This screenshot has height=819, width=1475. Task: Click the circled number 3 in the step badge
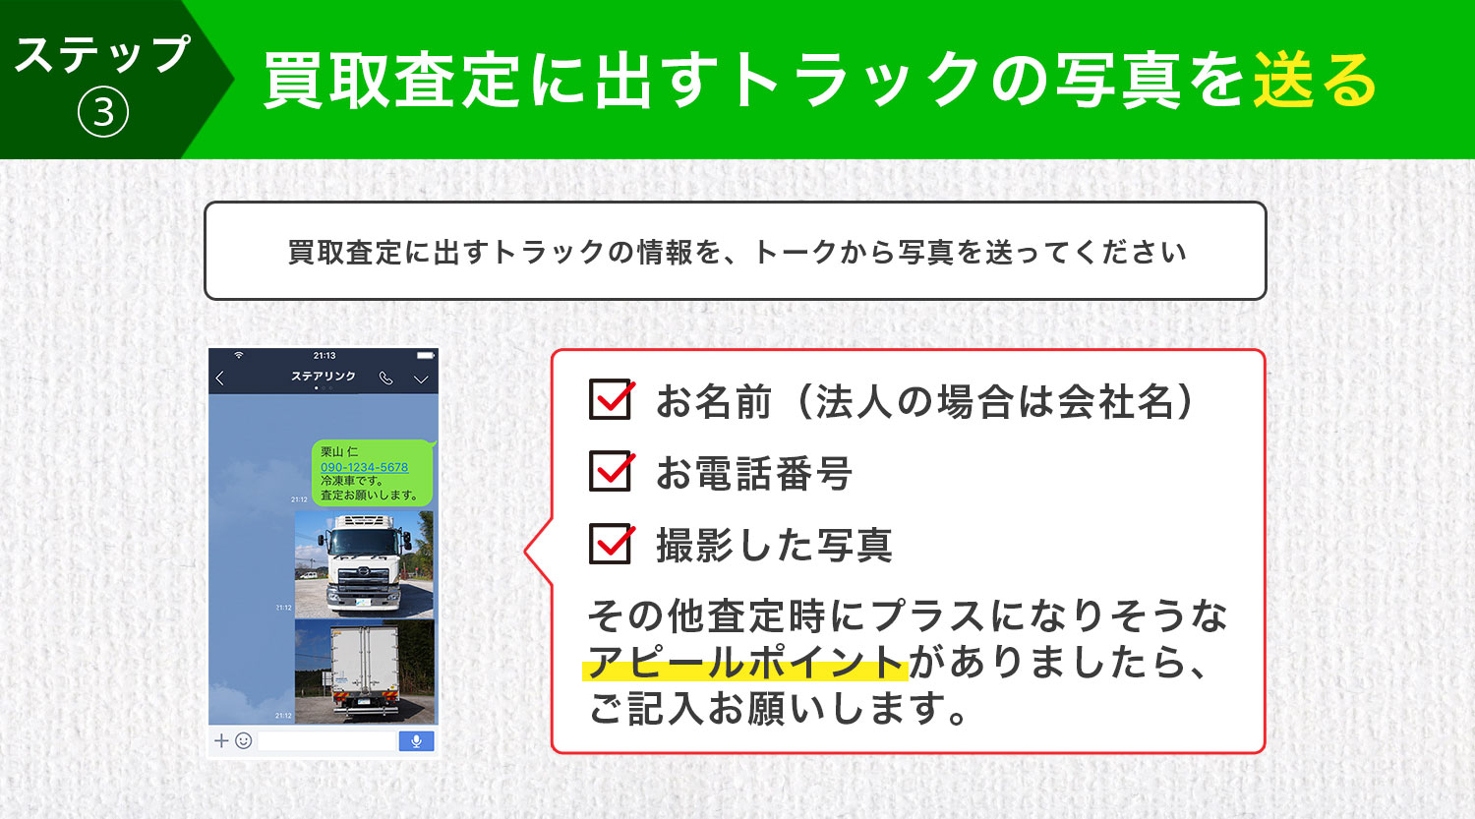pyautogui.click(x=102, y=113)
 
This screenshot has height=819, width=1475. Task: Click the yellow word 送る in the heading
pyautogui.click(x=1315, y=80)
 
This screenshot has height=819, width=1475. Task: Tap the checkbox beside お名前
pyautogui.click(x=611, y=399)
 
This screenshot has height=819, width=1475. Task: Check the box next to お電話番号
pyautogui.click(x=611, y=471)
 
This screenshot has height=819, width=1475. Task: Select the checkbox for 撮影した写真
pyautogui.click(x=611, y=543)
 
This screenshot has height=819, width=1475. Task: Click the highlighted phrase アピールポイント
pyautogui.click(x=745, y=662)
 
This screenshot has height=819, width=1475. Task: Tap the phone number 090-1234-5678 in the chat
pyautogui.click(x=364, y=467)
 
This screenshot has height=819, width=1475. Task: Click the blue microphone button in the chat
pyautogui.click(x=416, y=741)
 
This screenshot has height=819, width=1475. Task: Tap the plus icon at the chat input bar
pyautogui.click(x=221, y=741)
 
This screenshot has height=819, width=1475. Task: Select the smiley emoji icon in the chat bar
pyautogui.click(x=244, y=741)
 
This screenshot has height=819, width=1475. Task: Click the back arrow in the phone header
pyautogui.click(x=220, y=378)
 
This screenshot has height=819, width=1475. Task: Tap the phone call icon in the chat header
pyautogui.click(x=385, y=378)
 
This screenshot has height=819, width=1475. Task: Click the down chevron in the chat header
pyautogui.click(x=421, y=380)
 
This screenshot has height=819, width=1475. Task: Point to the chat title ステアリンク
pyautogui.click(x=324, y=376)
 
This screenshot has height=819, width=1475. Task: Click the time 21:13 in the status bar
pyautogui.click(x=324, y=356)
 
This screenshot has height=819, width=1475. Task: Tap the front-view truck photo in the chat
pyautogui.click(x=364, y=565)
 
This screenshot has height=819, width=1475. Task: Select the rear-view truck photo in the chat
pyautogui.click(x=364, y=672)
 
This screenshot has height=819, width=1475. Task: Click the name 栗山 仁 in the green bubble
pyautogui.click(x=339, y=451)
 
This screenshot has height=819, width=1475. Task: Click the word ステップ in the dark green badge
pyautogui.click(x=102, y=55)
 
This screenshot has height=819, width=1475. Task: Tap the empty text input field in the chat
pyautogui.click(x=327, y=741)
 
